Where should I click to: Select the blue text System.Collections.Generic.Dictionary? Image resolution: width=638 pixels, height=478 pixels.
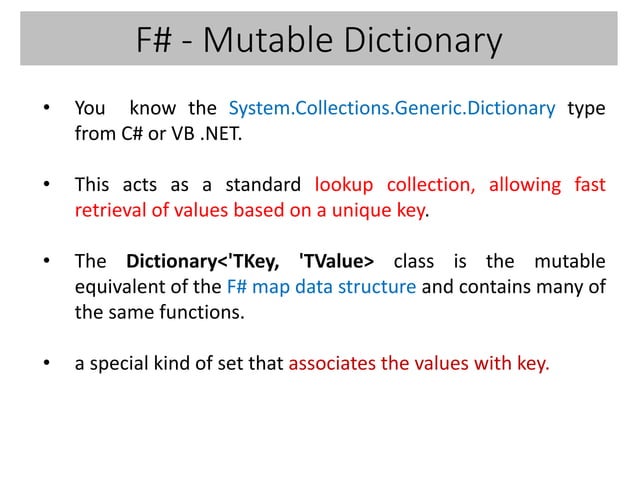(392, 108)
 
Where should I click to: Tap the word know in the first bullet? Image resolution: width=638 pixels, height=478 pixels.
(152, 108)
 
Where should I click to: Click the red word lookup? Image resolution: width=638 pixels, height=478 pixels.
(342, 185)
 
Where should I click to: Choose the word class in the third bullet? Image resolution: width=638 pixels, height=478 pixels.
(414, 262)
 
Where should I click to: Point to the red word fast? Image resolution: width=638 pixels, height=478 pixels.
(589, 185)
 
